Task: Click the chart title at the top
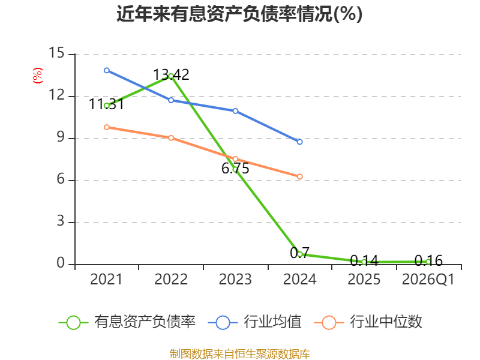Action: click(239, 14)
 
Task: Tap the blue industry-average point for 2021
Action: click(107, 70)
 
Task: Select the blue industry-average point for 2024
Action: click(299, 142)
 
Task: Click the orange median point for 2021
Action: click(107, 127)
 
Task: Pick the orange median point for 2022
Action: click(171, 138)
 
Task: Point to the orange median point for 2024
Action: click(299, 176)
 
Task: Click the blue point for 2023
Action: click(235, 111)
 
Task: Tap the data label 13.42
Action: click(171, 74)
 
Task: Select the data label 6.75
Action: click(235, 169)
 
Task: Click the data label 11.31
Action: click(107, 104)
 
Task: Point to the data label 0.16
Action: click(428, 261)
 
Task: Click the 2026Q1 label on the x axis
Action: click(428, 280)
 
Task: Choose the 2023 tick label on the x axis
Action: click(235, 280)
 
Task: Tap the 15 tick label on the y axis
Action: click(56, 53)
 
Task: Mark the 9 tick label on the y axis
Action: click(61, 137)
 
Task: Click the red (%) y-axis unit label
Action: click(38, 76)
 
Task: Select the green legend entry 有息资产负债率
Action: click(127, 322)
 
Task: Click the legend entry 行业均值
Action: click(254, 322)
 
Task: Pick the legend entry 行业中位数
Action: click(368, 322)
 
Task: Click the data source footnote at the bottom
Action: click(239, 354)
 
